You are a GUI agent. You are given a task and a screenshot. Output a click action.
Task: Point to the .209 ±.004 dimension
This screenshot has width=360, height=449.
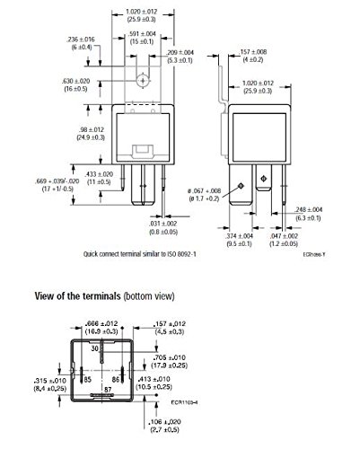(x=180, y=56)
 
